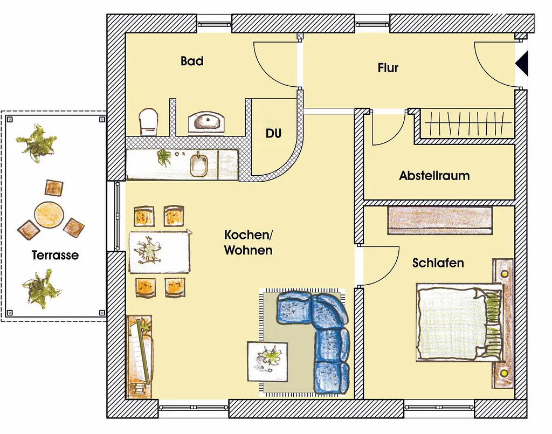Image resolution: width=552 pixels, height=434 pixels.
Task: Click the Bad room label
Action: pyautogui.click(x=192, y=61)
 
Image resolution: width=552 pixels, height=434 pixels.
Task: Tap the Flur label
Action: pyautogui.click(x=388, y=67)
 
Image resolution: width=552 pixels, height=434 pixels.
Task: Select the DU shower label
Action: pyautogui.click(x=273, y=133)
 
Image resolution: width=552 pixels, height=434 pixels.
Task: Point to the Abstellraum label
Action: pyautogui.click(x=434, y=175)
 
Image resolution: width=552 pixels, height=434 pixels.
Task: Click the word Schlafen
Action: pyautogui.click(x=438, y=263)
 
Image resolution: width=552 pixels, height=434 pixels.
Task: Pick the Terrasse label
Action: pyautogui.click(x=56, y=255)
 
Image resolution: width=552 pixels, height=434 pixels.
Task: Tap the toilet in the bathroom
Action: pyautogui.click(x=148, y=121)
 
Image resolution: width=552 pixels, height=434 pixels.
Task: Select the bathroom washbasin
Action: pyautogui.click(x=206, y=122)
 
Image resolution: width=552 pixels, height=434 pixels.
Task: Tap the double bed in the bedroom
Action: pyautogui.click(x=459, y=322)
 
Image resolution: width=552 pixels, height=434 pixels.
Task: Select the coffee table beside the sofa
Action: pyautogui.click(x=267, y=362)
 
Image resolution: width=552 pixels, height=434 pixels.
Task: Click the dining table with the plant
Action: pyautogui.click(x=160, y=251)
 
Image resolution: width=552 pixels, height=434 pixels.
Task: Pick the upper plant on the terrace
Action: pyautogui.click(x=36, y=143)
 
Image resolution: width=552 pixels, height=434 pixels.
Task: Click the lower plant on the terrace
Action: pyautogui.click(x=42, y=288)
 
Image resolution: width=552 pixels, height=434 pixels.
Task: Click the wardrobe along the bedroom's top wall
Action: pyautogui.click(x=440, y=221)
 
